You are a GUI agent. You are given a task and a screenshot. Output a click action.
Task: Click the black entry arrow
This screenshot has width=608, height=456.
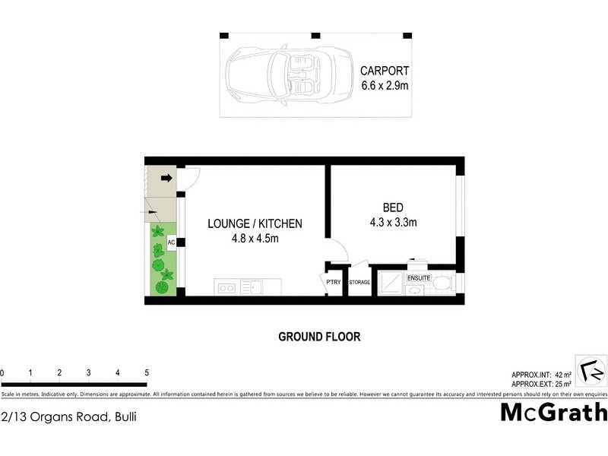pyautogui.click(x=166, y=178)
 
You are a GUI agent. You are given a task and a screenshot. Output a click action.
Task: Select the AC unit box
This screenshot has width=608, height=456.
pyautogui.click(x=171, y=242)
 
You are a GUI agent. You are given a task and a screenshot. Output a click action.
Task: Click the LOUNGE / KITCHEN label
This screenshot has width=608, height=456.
pyautogui.click(x=255, y=223)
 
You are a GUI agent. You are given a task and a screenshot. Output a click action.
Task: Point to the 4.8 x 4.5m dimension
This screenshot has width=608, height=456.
pyautogui.click(x=255, y=239)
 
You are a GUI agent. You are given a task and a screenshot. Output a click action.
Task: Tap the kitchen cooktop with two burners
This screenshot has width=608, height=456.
pyautogui.click(x=226, y=287)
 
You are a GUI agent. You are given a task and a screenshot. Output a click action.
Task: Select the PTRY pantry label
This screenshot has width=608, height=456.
pyautogui.click(x=334, y=282)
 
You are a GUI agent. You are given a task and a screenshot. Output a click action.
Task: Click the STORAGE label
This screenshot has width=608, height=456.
pyautogui.click(x=359, y=283)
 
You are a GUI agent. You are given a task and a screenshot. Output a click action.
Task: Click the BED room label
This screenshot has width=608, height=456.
pyautogui.click(x=393, y=207)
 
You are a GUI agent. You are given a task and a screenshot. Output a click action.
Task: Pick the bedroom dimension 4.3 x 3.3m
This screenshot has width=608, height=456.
pyautogui.click(x=393, y=223)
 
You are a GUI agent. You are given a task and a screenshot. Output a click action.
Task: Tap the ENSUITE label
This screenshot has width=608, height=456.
pyautogui.click(x=419, y=278)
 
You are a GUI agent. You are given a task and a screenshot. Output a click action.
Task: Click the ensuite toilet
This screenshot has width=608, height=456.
pyautogui.click(x=447, y=284)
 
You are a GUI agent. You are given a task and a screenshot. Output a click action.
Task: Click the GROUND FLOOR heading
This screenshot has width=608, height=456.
pyautogui.click(x=319, y=336)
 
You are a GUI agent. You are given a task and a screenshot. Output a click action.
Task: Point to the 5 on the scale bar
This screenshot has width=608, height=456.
pyautogui.click(x=146, y=373)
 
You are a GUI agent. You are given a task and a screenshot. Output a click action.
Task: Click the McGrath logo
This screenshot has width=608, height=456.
pyautogui.click(x=554, y=412)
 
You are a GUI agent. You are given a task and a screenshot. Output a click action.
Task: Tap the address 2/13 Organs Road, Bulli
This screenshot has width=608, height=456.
pyautogui.click(x=69, y=416)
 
